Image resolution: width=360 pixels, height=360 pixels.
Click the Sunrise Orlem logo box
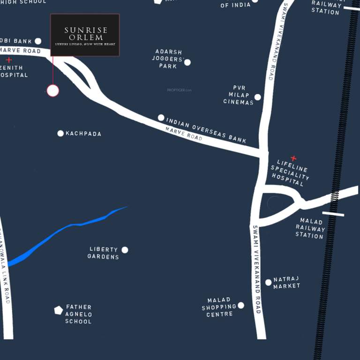85,35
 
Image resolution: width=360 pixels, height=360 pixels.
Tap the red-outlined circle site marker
53,90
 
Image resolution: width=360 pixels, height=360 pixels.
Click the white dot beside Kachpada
60,134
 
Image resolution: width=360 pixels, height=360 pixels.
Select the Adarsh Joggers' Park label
167,59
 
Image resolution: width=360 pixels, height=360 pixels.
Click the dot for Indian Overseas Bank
161,118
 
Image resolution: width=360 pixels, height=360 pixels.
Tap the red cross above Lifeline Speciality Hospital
293,158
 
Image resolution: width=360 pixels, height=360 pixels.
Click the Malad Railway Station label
310,228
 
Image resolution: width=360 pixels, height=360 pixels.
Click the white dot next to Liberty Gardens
125,250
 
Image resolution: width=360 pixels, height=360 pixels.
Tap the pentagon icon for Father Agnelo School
59,310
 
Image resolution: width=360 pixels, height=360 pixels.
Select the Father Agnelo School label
78,314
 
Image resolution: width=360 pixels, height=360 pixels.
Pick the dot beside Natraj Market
269,282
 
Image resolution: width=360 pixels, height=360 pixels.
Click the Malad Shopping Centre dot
241,305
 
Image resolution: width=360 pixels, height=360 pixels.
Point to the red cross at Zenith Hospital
8,60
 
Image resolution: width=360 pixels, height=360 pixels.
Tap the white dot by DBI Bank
38,41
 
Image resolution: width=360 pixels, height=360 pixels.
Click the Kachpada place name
83,134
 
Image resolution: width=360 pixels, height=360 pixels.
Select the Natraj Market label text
286,282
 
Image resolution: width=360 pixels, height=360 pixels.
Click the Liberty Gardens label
104,253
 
